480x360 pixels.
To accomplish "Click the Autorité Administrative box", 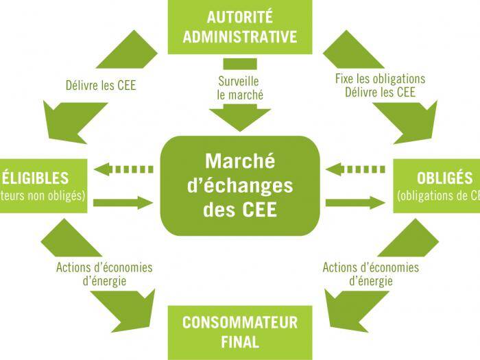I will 240,27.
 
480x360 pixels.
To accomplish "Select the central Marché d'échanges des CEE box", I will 240,185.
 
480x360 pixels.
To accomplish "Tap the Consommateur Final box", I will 240,332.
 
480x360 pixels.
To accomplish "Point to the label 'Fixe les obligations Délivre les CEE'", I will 380,85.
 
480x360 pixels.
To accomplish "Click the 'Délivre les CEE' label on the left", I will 101,87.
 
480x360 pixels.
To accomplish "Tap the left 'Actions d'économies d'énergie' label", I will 104,274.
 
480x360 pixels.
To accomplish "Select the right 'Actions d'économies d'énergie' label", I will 370,274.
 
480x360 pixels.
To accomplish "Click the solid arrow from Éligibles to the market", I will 123,202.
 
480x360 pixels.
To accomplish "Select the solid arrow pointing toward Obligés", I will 355,202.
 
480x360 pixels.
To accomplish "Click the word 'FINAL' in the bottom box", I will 240,341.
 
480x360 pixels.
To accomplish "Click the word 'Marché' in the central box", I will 240,162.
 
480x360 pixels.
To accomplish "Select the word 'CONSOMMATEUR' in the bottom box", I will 240,322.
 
